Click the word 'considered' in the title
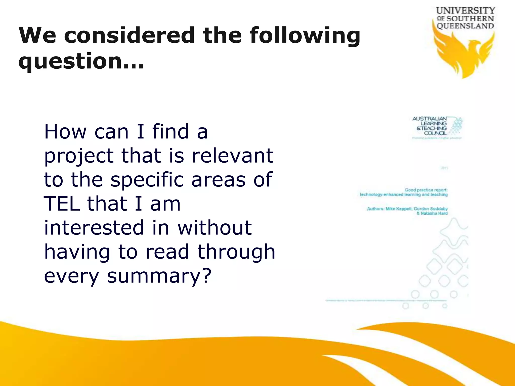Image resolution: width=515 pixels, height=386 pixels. pos(130,35)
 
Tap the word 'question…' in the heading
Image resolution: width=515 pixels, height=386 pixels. pos(81,62)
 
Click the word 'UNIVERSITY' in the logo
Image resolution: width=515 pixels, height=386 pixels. pos(465,11)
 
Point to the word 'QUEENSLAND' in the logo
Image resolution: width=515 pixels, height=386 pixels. pos(465,26)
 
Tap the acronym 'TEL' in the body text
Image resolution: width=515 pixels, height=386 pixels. pos(62,204)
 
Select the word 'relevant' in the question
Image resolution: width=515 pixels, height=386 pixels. pos(233,156)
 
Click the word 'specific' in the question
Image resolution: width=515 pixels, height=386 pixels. pos(147,180)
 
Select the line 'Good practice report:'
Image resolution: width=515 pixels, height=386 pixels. pos(426,190)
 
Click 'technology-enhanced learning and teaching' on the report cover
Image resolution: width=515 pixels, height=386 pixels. pos(404,195)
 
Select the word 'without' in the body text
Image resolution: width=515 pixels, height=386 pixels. pos(214,228)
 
